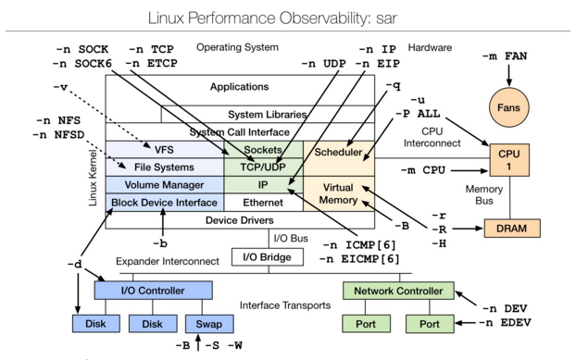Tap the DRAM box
(x=512, y=228)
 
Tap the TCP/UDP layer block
(x=263, y=167)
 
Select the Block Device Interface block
(x=165, y=202)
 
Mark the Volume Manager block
(x=165, y=184)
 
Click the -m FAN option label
(x=505, y=57)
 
